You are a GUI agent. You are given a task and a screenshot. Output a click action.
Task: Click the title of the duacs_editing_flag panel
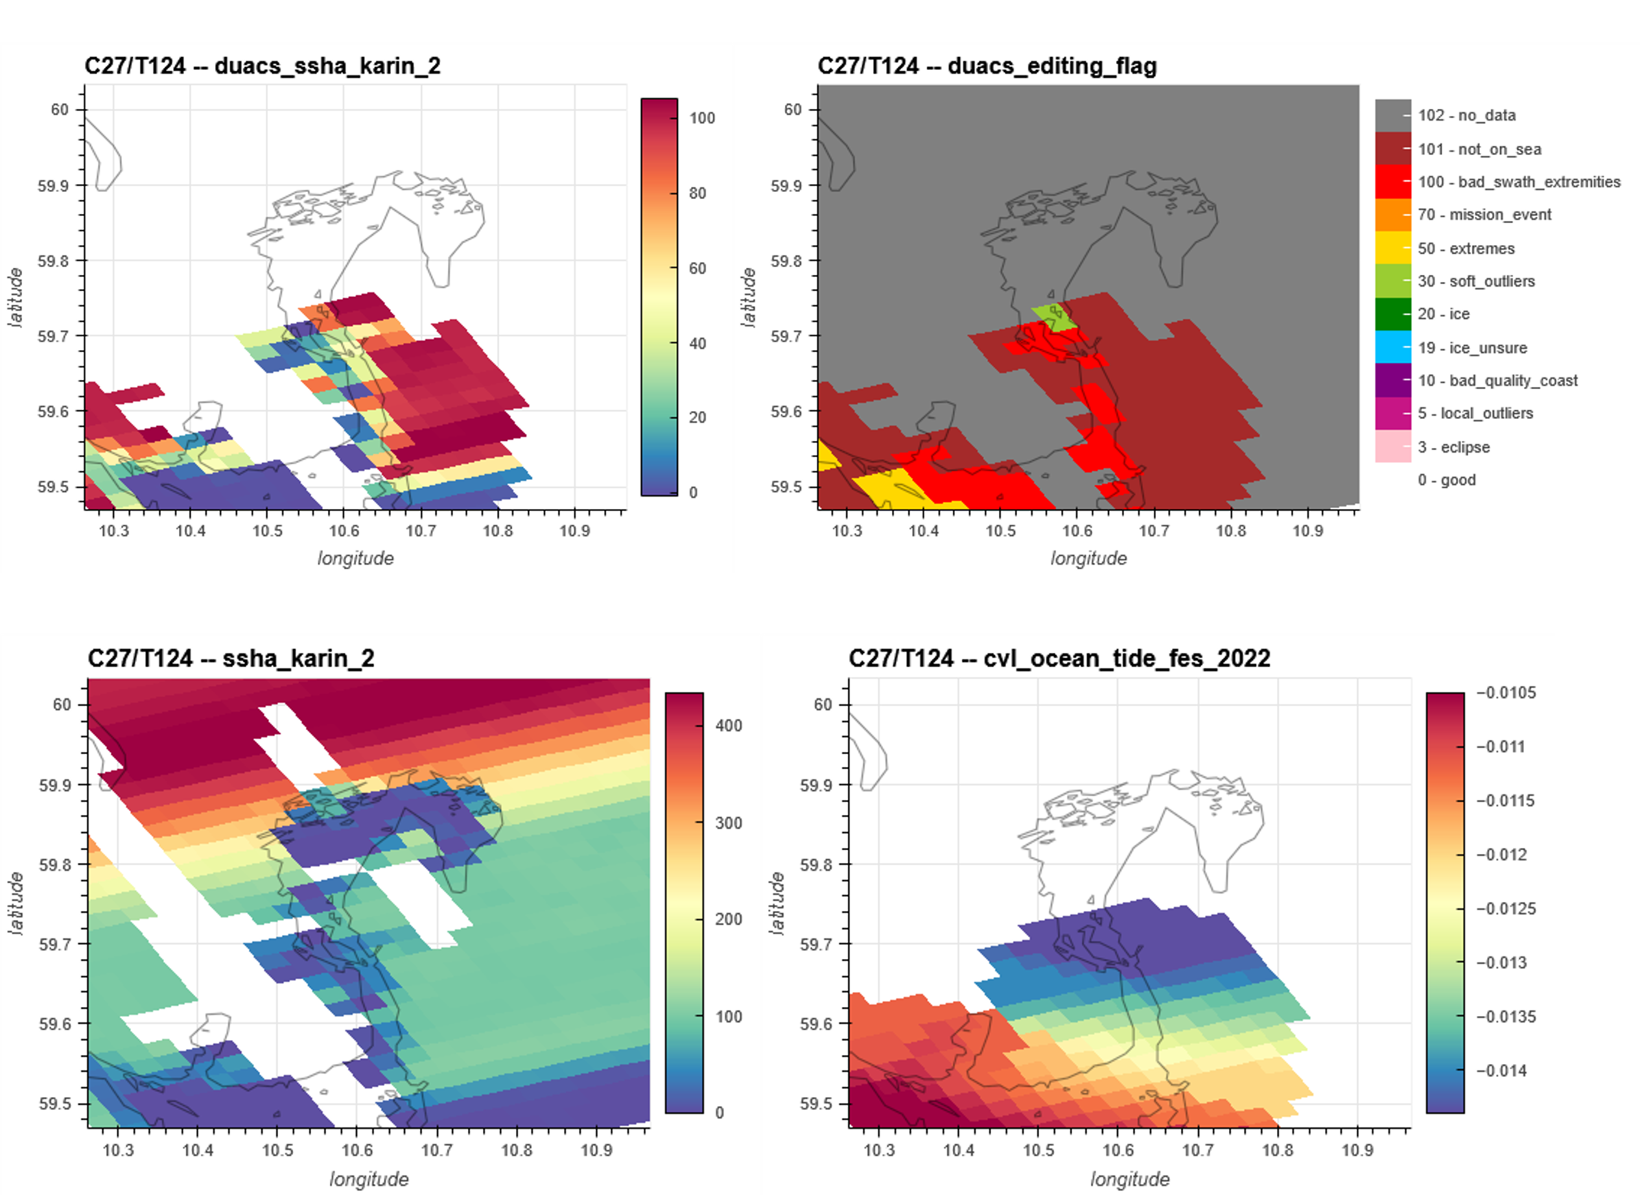[987, 66]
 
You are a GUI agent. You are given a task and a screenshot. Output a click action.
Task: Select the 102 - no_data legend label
[1466, 115]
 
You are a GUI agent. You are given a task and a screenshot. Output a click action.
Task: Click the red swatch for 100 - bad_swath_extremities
[1392, 182]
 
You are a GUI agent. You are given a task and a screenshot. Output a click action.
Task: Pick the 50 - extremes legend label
[1466, 249]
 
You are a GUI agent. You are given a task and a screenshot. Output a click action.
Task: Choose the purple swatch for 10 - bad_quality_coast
[1392, 381]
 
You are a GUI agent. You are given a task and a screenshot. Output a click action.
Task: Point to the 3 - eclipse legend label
[1453, 447]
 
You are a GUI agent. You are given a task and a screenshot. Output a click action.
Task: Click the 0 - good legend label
[1446, 480]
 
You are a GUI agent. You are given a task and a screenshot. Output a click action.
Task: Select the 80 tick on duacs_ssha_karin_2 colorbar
[697, 193]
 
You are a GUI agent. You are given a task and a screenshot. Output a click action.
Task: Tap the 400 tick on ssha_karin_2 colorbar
[728, 726]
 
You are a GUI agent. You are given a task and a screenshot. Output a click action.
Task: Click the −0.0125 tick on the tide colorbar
[1506, 908]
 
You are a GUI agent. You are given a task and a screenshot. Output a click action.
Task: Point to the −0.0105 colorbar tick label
[1506, 693]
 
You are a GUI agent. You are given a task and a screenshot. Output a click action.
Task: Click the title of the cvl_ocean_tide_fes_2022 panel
[1059, 658]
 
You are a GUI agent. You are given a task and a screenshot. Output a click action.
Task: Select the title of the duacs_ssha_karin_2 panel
[263, 66]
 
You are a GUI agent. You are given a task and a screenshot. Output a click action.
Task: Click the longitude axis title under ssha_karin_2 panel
[369, 1179]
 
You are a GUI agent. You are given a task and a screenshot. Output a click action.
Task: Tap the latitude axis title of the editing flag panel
[749, 298]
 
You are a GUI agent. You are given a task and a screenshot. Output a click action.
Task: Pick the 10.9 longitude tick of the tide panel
[1357, 1150]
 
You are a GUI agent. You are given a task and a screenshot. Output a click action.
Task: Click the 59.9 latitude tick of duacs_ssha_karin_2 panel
[53, 186]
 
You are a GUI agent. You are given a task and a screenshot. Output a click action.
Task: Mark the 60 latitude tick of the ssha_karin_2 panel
[62, 705]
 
